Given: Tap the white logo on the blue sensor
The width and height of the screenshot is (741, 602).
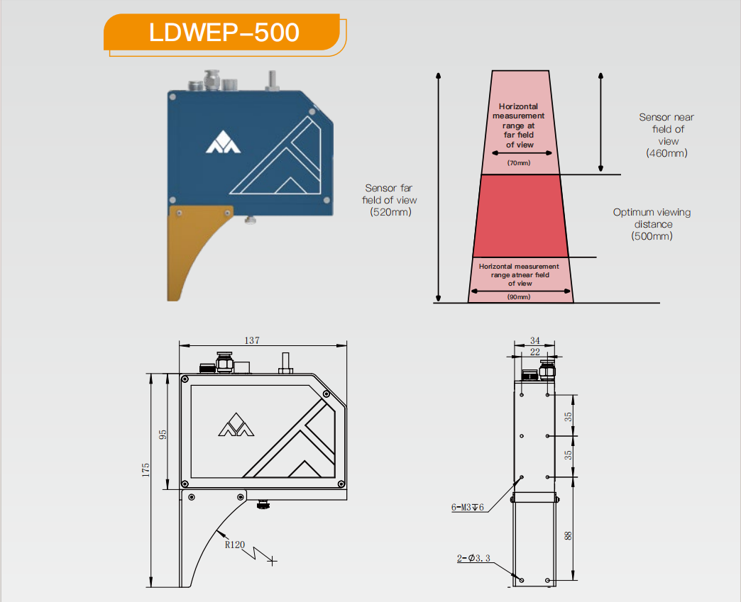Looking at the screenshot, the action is click(x=223, y=142).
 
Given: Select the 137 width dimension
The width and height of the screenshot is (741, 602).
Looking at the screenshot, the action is click(x=252, y=340).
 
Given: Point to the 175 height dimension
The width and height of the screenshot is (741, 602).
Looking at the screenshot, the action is click(x=146, y=470).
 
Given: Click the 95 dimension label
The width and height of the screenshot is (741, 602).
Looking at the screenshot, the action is click(x=163, y=435).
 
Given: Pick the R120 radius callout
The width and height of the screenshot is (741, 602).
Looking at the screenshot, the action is click(x=235, y=545).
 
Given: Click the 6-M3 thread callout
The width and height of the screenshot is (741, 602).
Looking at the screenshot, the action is click(x=467, y=508).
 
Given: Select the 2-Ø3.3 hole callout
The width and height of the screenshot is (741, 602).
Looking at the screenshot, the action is click(x=473, y=558).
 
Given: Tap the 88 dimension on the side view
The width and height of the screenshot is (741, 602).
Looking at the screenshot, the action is click(x=568, y=535).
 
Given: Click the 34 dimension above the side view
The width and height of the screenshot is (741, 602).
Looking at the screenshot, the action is click(x=535, y=340).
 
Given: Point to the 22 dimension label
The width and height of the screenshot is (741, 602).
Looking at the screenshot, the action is click(x=535, y=352).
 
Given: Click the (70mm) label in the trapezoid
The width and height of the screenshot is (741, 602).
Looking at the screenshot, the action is click(x=519, y=163).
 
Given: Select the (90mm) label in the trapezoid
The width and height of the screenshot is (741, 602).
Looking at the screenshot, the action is click(x=519, y=297).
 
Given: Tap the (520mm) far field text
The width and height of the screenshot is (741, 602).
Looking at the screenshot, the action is click(x=390, y=212).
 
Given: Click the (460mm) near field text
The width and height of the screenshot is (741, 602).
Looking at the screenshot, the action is click(x=666, y=153).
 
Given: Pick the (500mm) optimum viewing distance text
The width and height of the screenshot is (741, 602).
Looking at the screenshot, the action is click(x=652, y=236).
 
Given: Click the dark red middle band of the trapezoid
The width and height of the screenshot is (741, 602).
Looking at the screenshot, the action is click(x=520, y=216).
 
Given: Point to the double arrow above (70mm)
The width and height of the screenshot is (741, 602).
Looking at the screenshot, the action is click(x=522, y=153).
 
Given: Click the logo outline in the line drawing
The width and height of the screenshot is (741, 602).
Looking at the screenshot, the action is click(x=236, y=425).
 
